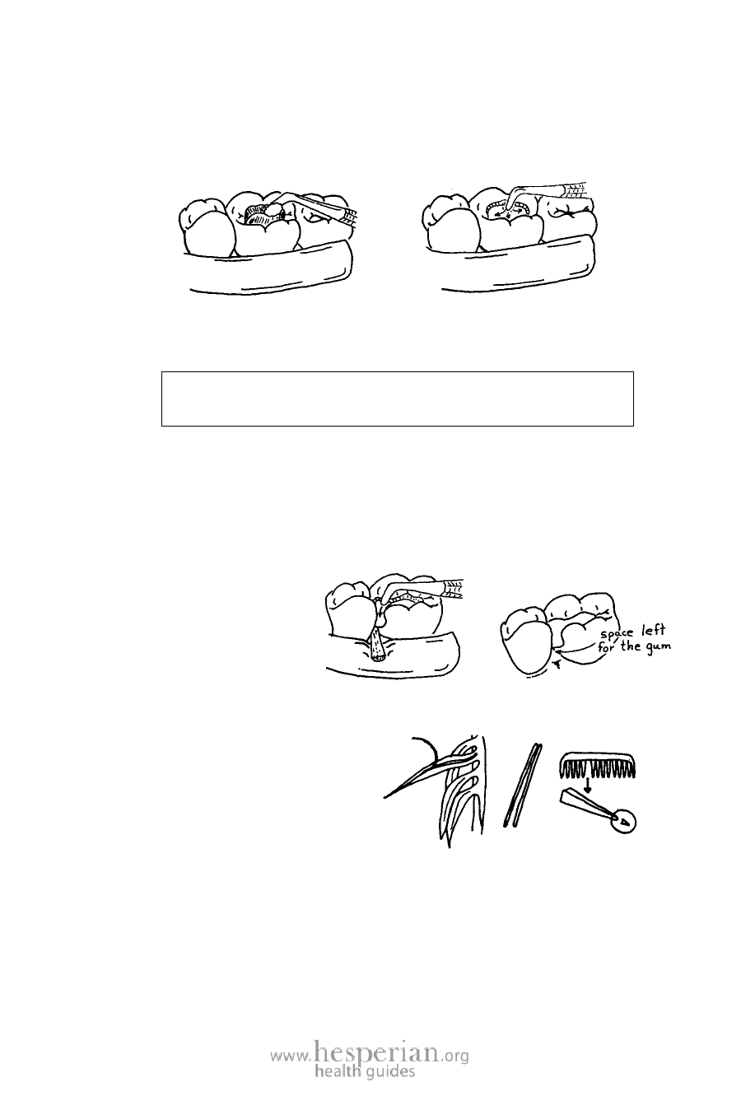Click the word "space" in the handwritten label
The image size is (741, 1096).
618,632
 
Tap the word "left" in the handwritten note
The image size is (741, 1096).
653,630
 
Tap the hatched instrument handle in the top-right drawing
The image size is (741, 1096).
576,190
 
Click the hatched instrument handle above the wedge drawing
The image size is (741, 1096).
452,589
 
